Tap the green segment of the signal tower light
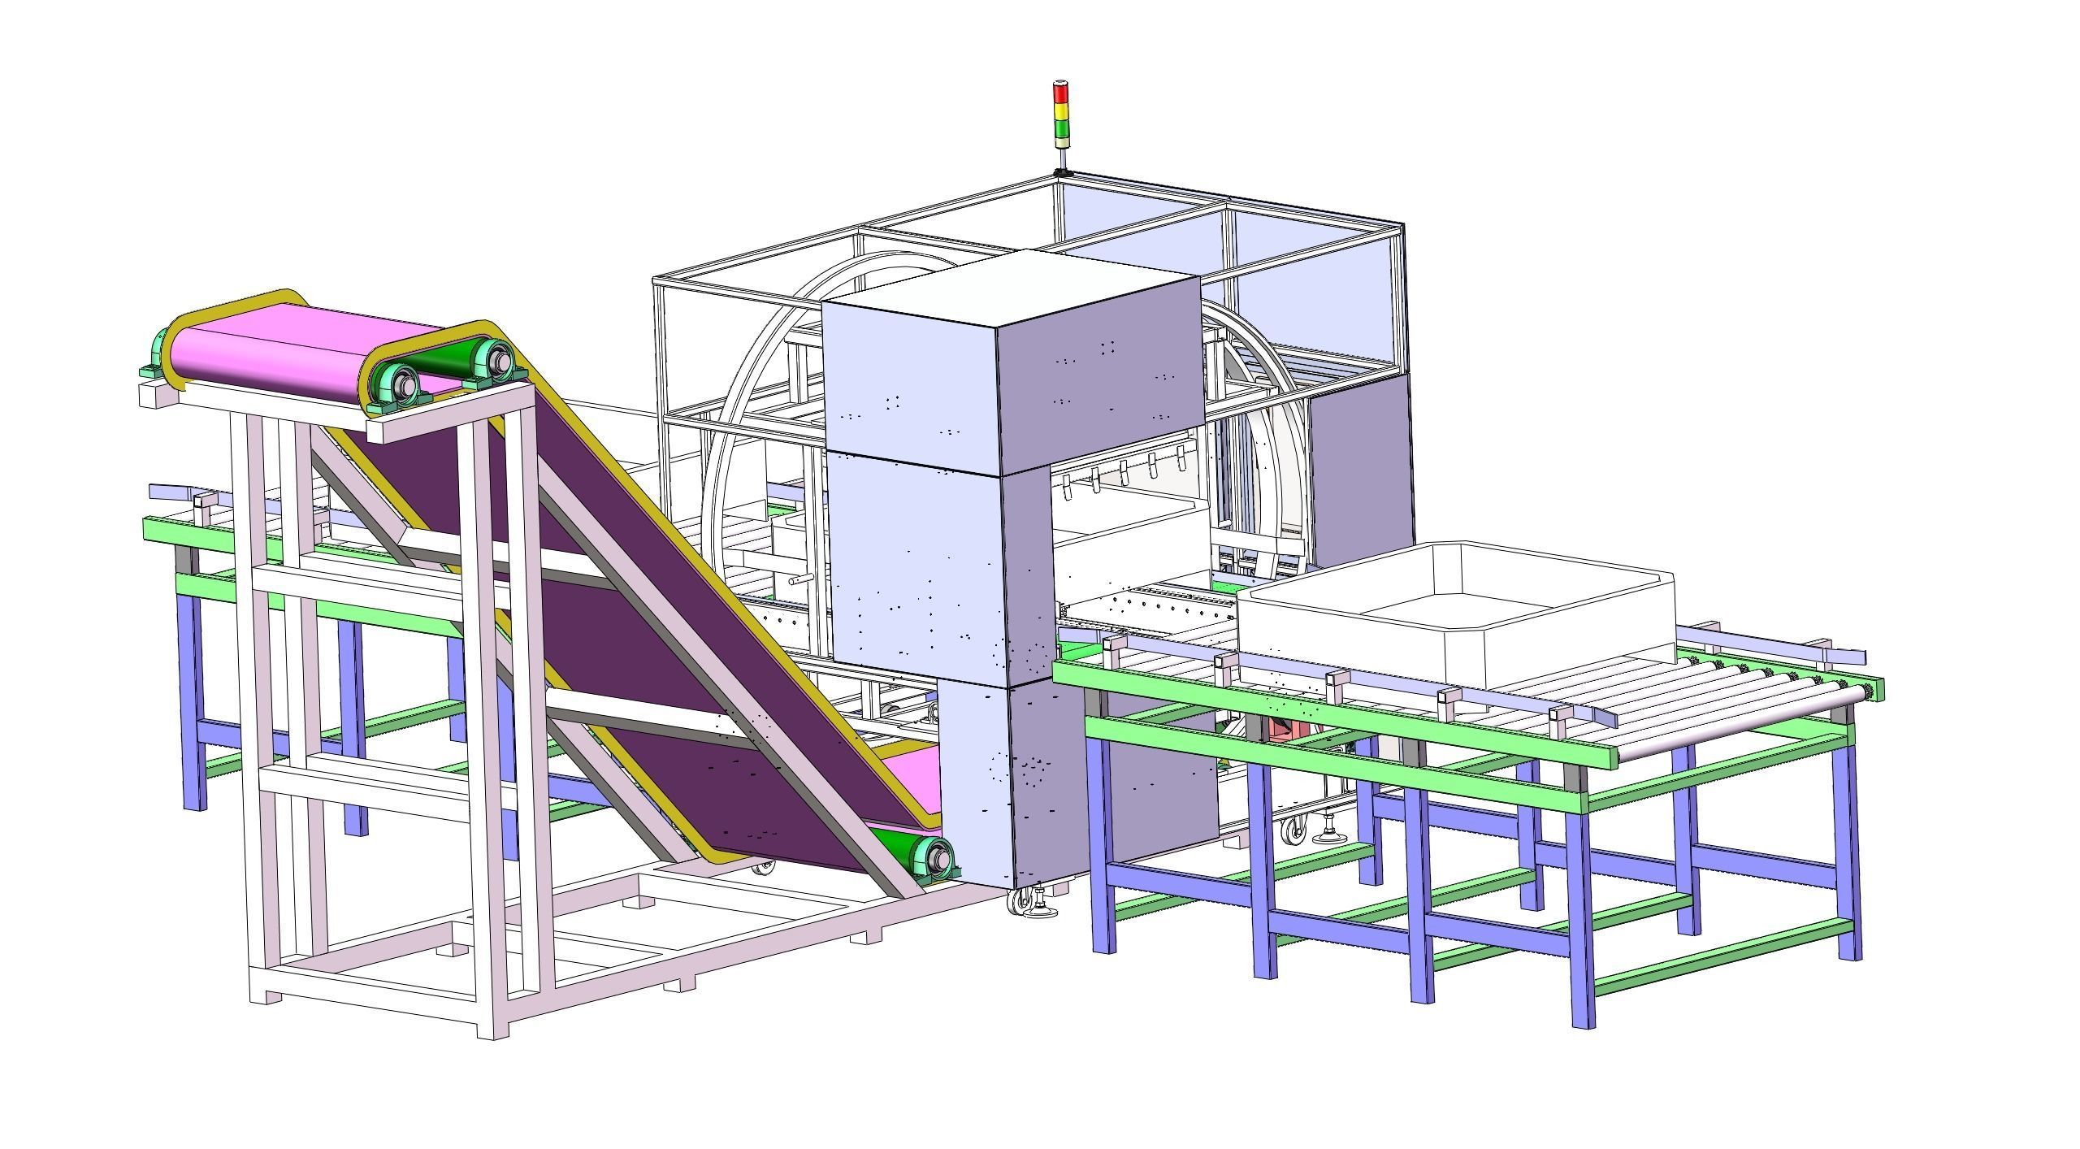point(1061,129)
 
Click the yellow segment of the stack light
point(1061,111)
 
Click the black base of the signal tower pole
point(1061,172)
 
